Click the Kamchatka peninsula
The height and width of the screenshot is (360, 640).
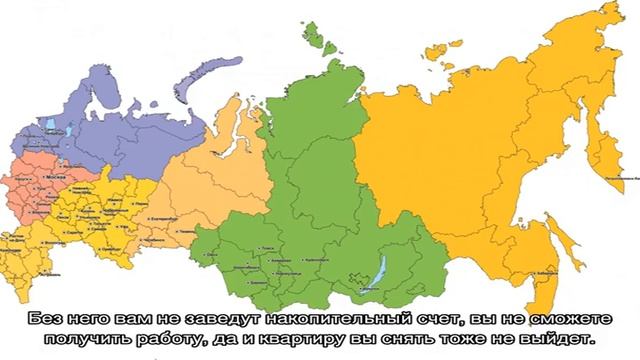click(x=603, y=150)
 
